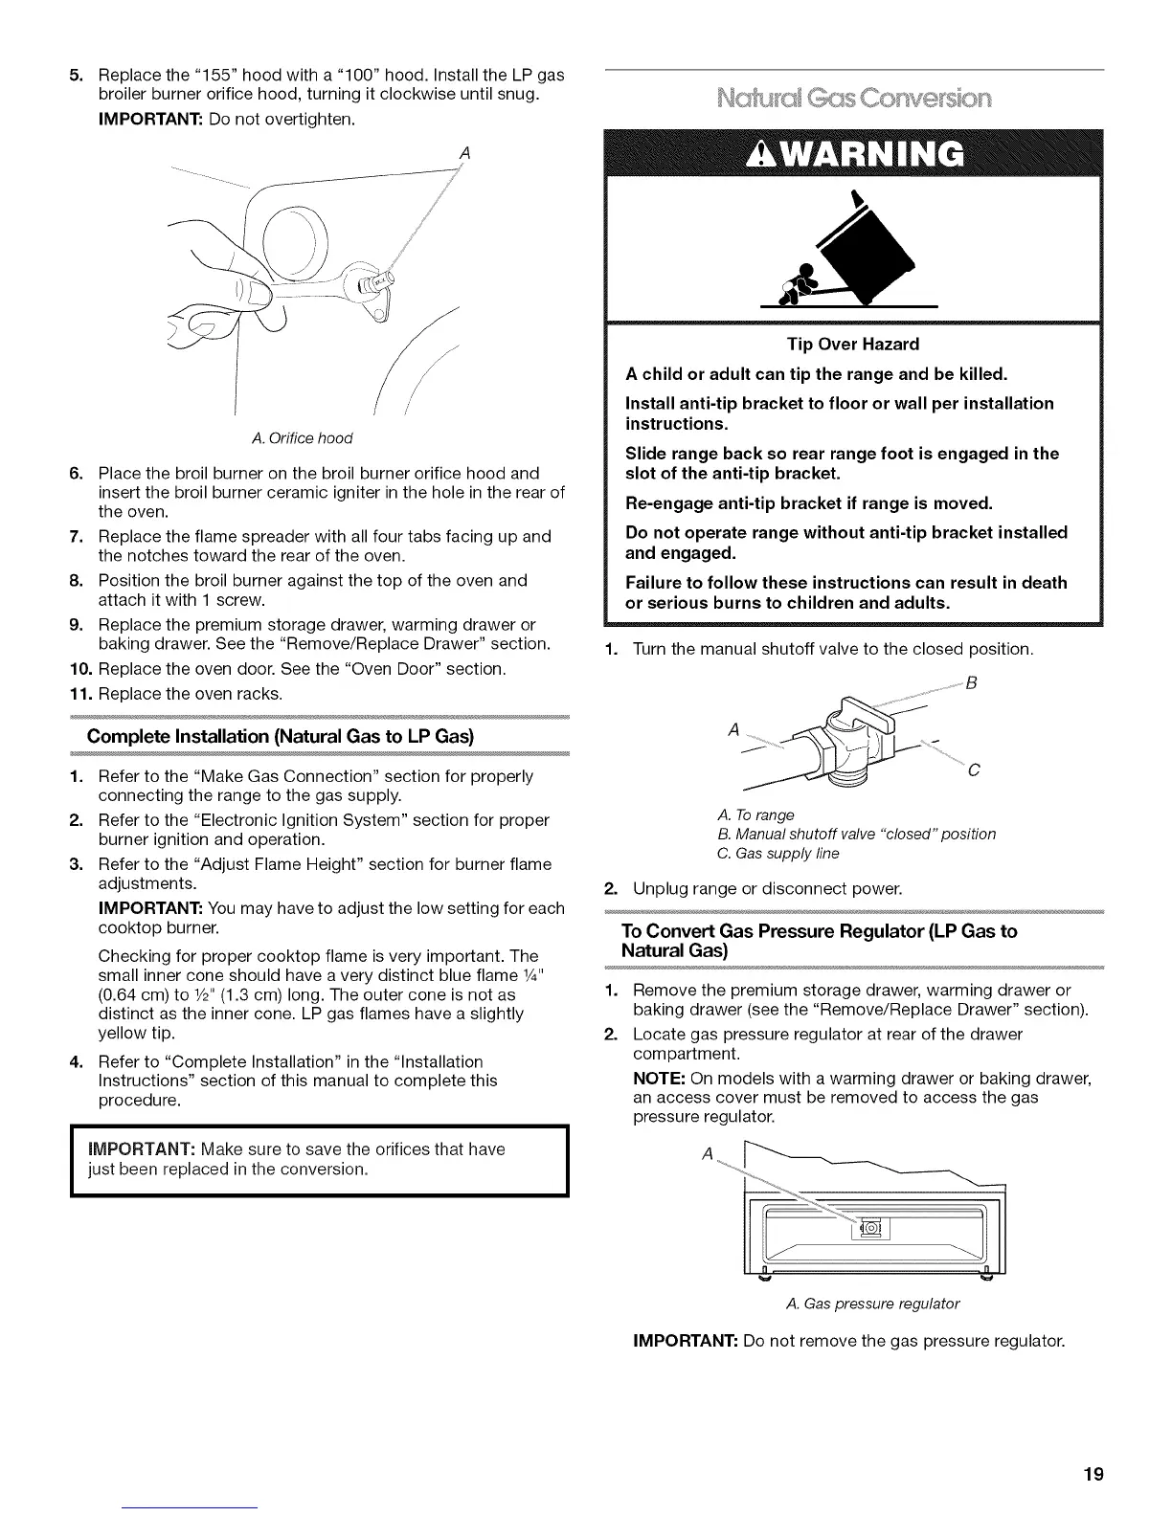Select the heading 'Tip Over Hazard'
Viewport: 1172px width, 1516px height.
point(852,344)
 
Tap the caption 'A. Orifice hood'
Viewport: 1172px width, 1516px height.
point(302,438)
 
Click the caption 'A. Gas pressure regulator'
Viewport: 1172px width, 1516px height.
point(871,1304)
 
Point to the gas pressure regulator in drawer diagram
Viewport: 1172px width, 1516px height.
point(874,1228)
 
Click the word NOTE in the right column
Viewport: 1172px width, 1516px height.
point(659,1079)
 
